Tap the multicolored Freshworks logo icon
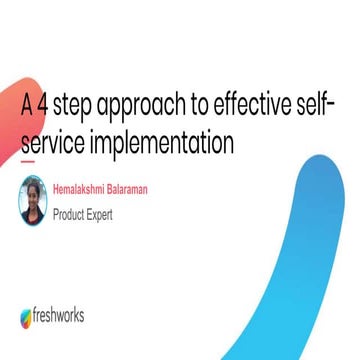(27, 318)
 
